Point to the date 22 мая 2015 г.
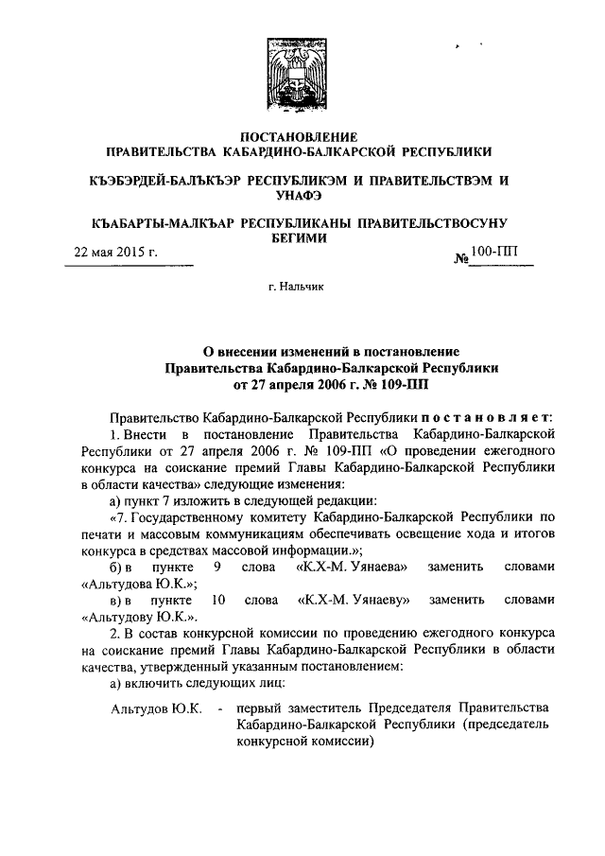(x=115, y=253)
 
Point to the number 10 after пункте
(x=218, y=600)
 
